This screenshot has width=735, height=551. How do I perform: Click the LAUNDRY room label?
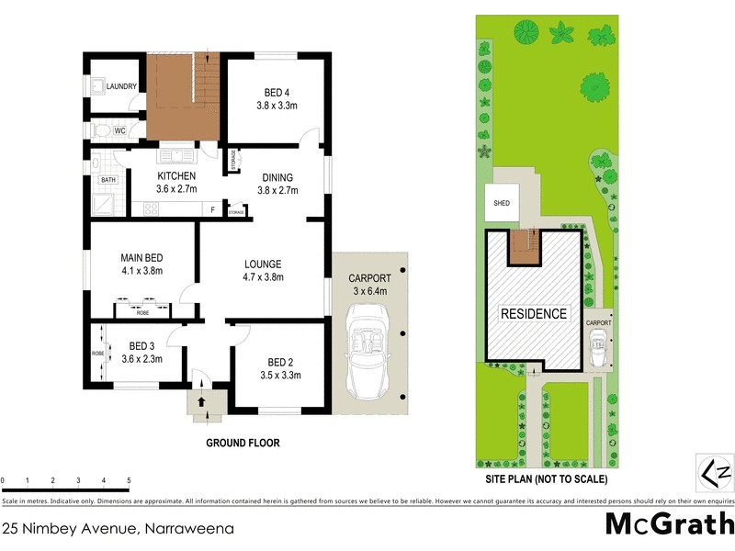pyautogui.click(x=121, y=87)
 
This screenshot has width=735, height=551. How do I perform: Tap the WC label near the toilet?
pyautogui.click(x=119, y=130)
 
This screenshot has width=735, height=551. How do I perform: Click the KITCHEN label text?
pyautogui.click(x=176, y=175)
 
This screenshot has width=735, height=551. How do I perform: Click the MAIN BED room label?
pyautogui.click(x=142, y=258)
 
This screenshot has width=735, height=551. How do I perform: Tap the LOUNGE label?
pyautogui.click(x=262, y=264)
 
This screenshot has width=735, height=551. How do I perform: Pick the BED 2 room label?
pyautogui.click(x=280, y=362)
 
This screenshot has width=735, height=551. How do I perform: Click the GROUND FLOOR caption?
pyautogui.click(x=243, y=443)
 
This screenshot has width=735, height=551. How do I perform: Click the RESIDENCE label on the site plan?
pyautogui.click(x=533, y=313)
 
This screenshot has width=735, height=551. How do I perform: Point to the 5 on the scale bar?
pyautogui.click(x=128, y=480)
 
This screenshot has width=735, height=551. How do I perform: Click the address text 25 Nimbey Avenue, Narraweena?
pyautogui.click(x=118, y=528)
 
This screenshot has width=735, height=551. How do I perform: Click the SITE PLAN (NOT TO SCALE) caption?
pyautogui.click(x=546, y=479)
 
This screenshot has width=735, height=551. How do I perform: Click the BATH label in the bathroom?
pyautogui.click(x=108, y=180)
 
